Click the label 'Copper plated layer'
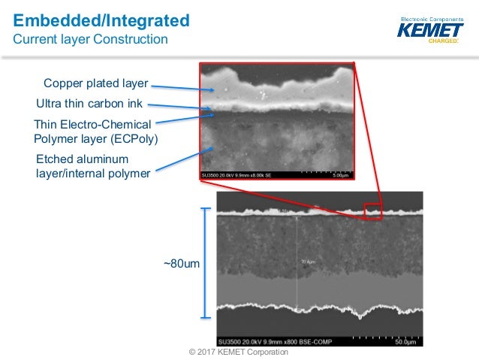(x=95, y=83)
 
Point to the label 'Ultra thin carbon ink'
(x=89, y=104)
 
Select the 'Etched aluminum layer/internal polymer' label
(x=92, y=166)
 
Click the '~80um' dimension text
(x=181, y=264)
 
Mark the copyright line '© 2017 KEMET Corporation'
(x=239, y=352)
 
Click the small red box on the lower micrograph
(x=373, y=210)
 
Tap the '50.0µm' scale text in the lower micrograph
(x=405, y=342)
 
